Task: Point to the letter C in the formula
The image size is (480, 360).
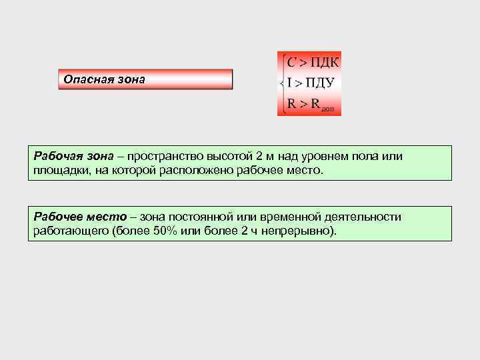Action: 291,63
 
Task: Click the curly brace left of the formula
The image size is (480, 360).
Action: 283,83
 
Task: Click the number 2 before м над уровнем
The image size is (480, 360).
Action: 259,156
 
